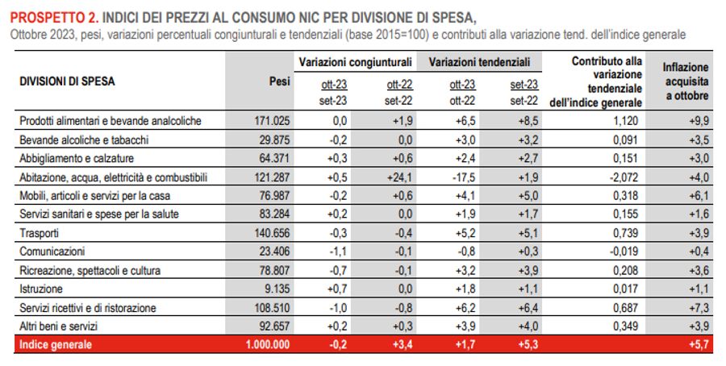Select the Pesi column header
coord(278,81)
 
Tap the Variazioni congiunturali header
coord(356,61)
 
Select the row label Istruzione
coord(40,289)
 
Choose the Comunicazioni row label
coord(51,252)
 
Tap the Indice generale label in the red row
coord(57,344)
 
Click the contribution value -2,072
coord(625,177)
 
